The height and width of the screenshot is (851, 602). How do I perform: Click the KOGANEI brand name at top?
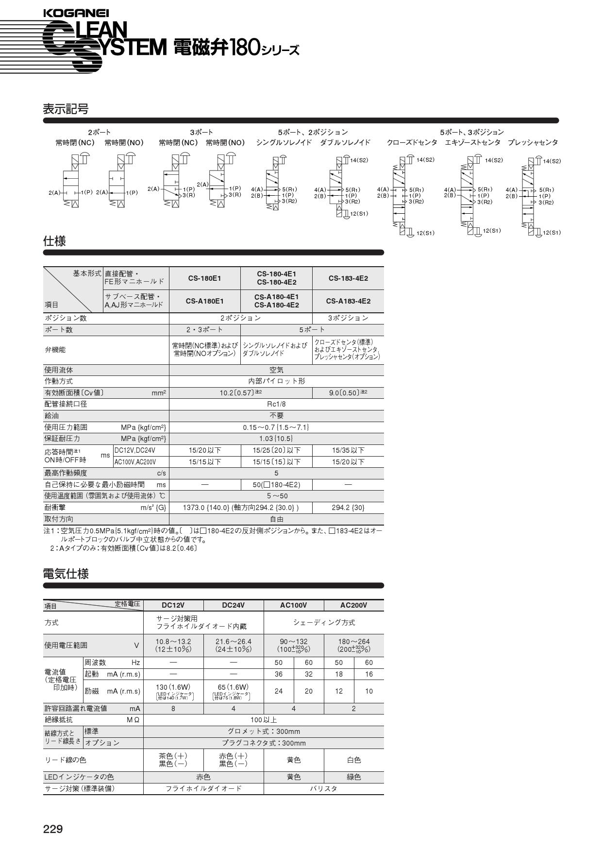(x=76, y=14)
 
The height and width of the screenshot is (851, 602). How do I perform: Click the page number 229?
(x=53, y=829)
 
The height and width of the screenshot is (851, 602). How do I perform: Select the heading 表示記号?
(x=66, y=109)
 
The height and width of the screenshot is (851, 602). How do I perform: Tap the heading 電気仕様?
(x=66, y=574)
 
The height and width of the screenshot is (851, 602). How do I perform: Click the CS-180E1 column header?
(x=204, y=278)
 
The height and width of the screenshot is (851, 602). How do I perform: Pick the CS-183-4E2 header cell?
(x=348, y=278)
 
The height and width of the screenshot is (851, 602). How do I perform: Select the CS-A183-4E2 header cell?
(x=348, y=301)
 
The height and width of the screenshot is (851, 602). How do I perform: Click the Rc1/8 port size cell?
(x=276, y=404)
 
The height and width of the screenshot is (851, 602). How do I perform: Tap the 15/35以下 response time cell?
(x=348, y=450)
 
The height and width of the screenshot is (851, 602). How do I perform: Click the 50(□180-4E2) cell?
(x=276, y=485)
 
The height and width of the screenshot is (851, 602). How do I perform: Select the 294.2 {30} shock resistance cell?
(x=348, y=508)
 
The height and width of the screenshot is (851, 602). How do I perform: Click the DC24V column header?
(x=233, y=605)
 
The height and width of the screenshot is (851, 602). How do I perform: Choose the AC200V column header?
(x=353, y=605)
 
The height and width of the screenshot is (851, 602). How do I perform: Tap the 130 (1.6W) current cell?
(x=174, y=687)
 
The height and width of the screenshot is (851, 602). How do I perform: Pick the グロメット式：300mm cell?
(x=264, y=732)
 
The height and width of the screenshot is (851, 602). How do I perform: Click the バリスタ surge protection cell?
(x=323, y=789)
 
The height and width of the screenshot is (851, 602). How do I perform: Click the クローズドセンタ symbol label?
(x=412, y=143)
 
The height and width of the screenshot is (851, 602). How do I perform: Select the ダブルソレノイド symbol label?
(x=345, y=143)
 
